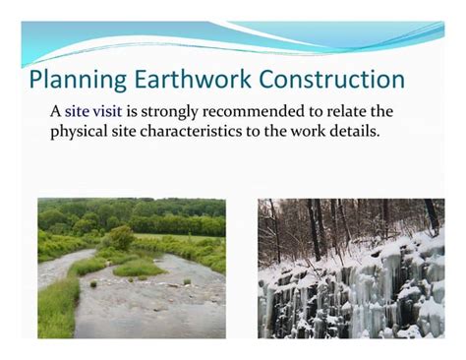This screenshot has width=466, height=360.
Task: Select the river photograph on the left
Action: pyautogui.click(x=131, y=268)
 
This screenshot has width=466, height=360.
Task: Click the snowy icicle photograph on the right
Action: pyautogui.click(x=350, y=268)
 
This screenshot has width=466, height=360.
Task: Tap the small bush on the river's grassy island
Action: pyautogui.click(x=122, y=237)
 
